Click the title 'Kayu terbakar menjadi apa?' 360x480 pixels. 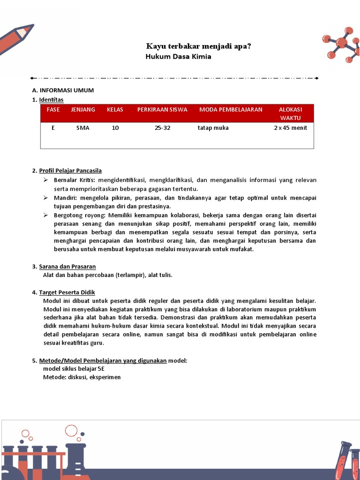click(x=198, y=46)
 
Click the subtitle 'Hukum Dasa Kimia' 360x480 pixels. click(x=179, y=57)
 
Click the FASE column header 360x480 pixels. click(x=53, y=110)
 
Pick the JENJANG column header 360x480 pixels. click(x=83, y=110)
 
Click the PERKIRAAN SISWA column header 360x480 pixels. click(x=162, y=110)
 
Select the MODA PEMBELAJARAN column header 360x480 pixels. click(x=231, y=110)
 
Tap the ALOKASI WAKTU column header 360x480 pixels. click(x=290, y=113)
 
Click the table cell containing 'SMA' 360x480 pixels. click(x=83, y=128)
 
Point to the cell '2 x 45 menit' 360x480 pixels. click(x=290, y=128)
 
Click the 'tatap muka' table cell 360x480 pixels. click(x=213, y=128)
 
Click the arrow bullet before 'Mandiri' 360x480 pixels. click(x=46, y=198)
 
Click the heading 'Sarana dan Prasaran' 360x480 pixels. click(x=67, y=267)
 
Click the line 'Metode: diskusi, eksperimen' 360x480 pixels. click(x=82, y=377)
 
